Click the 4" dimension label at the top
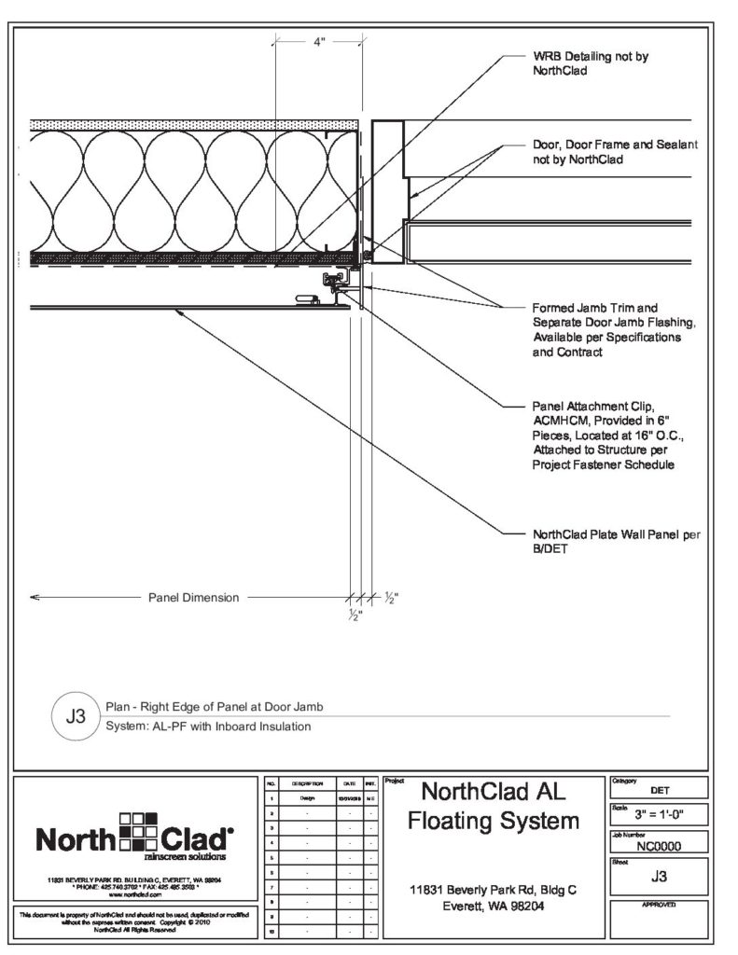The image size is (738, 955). (319, 42)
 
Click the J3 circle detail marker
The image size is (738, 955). (77, 717)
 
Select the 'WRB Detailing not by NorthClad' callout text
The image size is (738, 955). (590, 62)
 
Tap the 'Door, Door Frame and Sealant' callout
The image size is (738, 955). (615, 152)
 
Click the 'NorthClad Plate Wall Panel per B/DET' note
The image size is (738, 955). (616, 541)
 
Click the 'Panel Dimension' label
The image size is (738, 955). (194, 597)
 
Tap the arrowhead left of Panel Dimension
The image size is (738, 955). (35, 597)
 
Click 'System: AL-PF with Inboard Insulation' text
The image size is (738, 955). (208, 727)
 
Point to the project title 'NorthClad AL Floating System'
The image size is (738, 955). (494, 807)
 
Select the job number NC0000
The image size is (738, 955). (659, 848)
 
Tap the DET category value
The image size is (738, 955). (659, 790)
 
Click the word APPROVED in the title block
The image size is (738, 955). (659, 905)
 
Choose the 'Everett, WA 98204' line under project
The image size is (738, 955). (494, 907)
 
